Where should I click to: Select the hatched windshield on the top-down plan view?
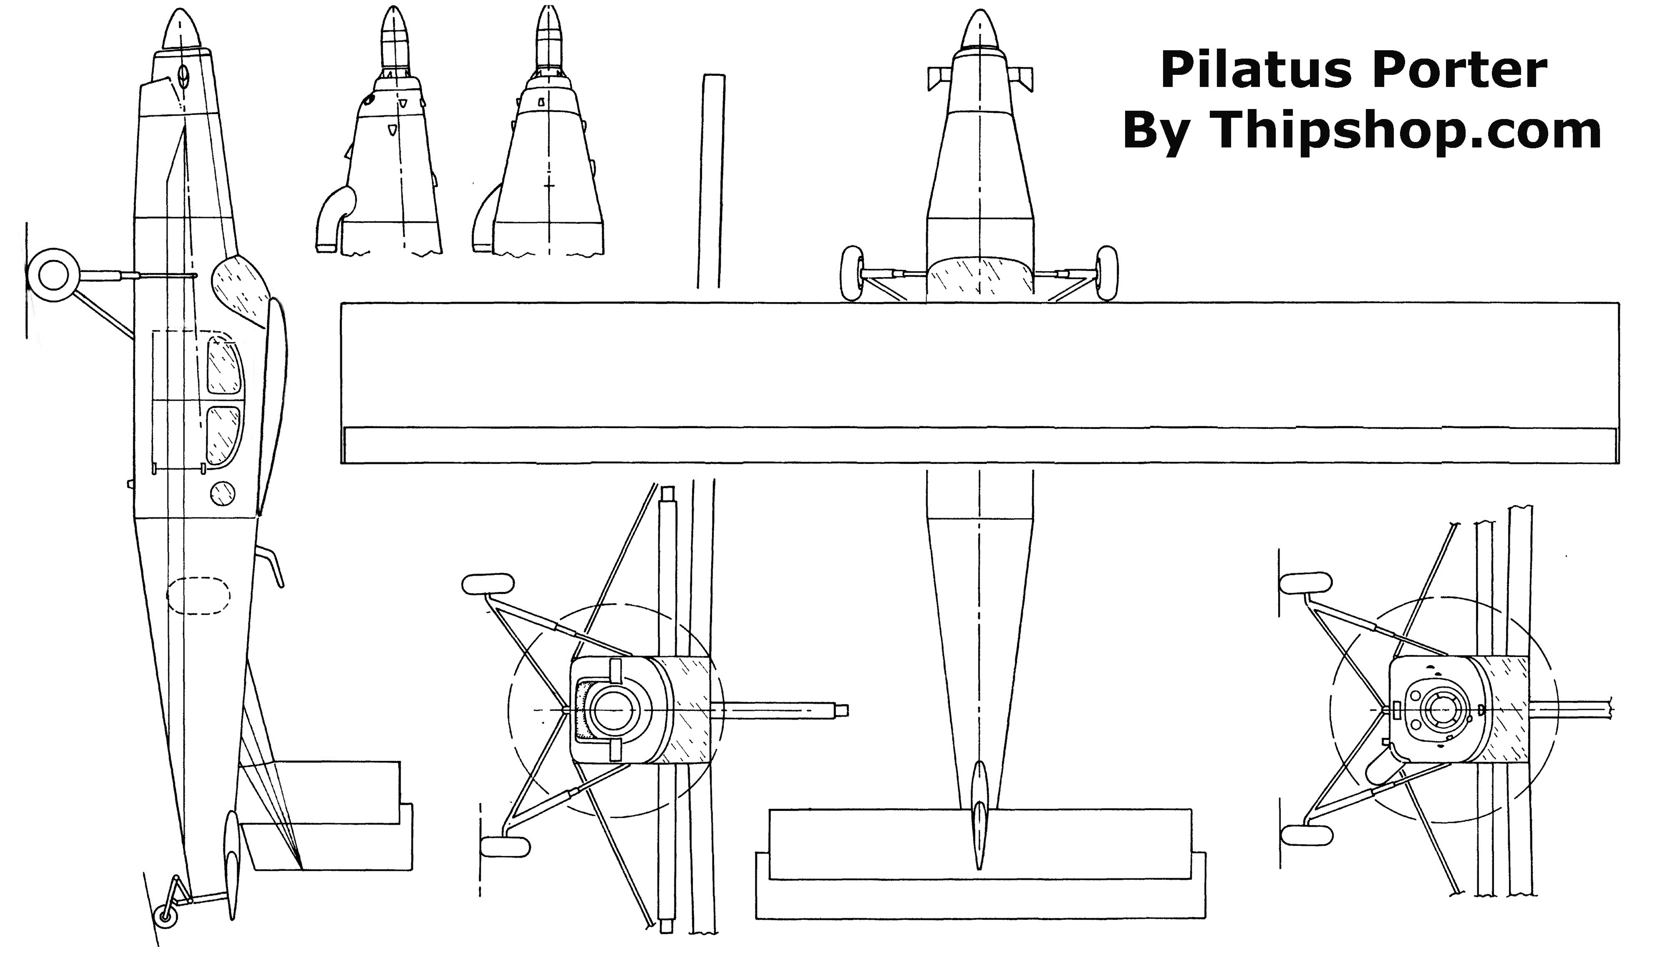pyautogui.click(x=980, y=279)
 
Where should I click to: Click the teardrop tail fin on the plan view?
pyautogui.click(x=979, y=813)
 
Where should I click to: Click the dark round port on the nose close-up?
pyautogui.click(x=369, y=100)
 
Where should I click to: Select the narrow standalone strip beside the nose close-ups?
pyautogui.click(x=711, y=181)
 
